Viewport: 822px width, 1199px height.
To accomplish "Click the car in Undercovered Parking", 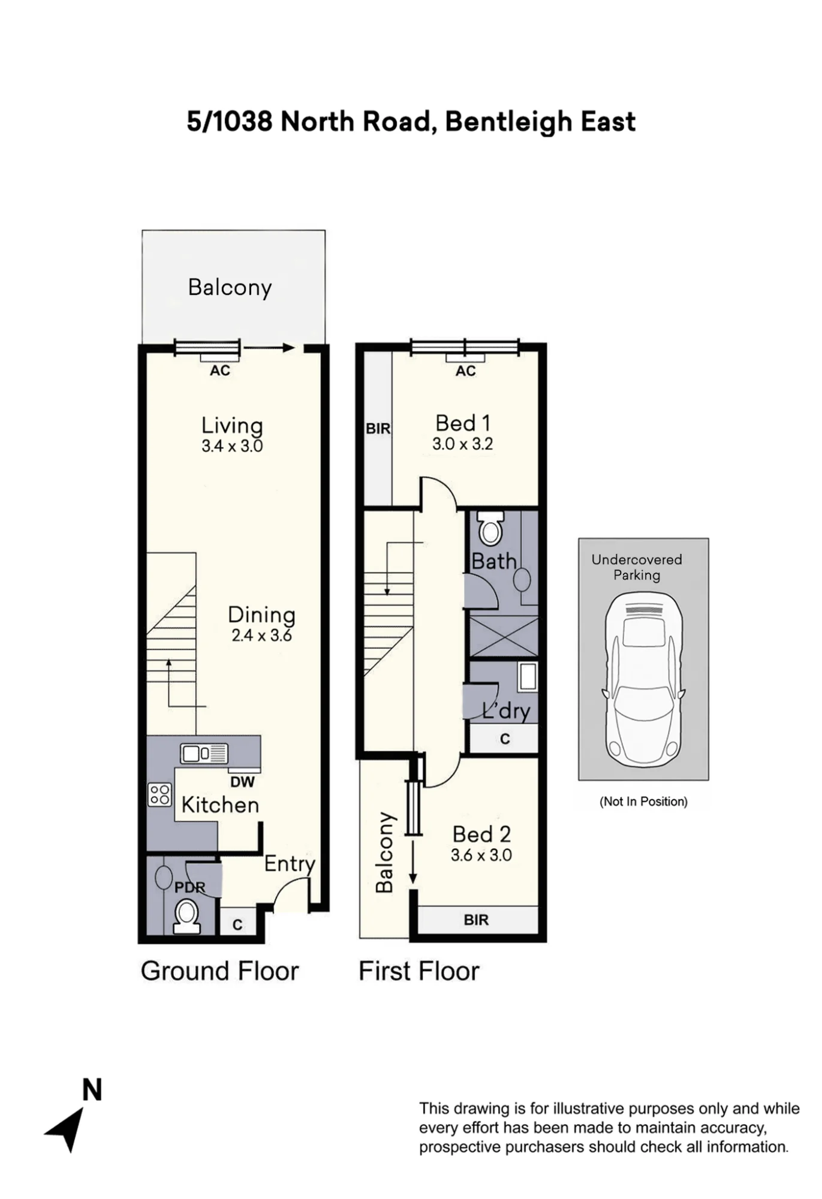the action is [643, 680].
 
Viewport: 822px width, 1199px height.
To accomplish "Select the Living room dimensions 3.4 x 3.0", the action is [232, 446].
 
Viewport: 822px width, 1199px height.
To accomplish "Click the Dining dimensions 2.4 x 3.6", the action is [261, 635].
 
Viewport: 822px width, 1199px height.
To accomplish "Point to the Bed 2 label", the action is [481, 834].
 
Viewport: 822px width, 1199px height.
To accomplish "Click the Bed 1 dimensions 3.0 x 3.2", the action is [462, 444].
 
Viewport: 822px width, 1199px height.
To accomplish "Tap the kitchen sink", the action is [204, 754].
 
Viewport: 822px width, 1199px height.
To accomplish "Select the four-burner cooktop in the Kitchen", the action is [159, 795].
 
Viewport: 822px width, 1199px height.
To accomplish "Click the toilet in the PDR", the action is [186, 917].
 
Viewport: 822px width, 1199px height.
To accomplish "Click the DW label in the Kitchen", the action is [242, 782].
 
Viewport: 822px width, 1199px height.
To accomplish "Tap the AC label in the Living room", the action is [219, 370].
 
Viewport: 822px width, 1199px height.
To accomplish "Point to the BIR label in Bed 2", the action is [476, 920].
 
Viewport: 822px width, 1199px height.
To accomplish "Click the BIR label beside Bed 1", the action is [378, 429].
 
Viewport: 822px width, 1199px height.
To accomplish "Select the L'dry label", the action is [507, 711].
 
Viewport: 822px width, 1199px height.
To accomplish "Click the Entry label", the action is [290, 864].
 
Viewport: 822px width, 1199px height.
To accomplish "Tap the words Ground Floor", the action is [219, 971].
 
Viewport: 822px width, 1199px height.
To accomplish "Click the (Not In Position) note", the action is [643, 802].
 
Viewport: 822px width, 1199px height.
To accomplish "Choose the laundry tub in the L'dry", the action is [528, 676].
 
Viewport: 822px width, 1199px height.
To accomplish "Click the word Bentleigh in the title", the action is [508, 122].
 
